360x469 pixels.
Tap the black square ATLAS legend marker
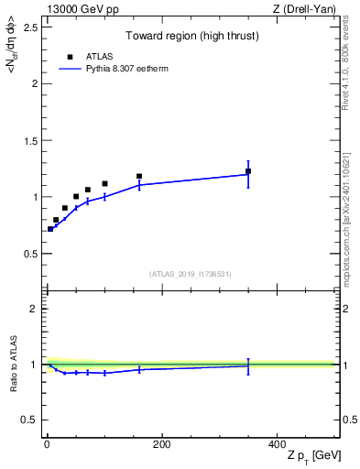pyautogui.click(x=67, y=56)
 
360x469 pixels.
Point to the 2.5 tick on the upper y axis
pyautogui.click(x=28, y=27)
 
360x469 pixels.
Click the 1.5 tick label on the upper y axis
pyautogui.click(x=28, y=140)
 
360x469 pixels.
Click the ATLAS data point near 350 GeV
pyautogui.click(x=248, y=171)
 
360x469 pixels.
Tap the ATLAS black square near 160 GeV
pyautogui.click(x=139, y=176)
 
